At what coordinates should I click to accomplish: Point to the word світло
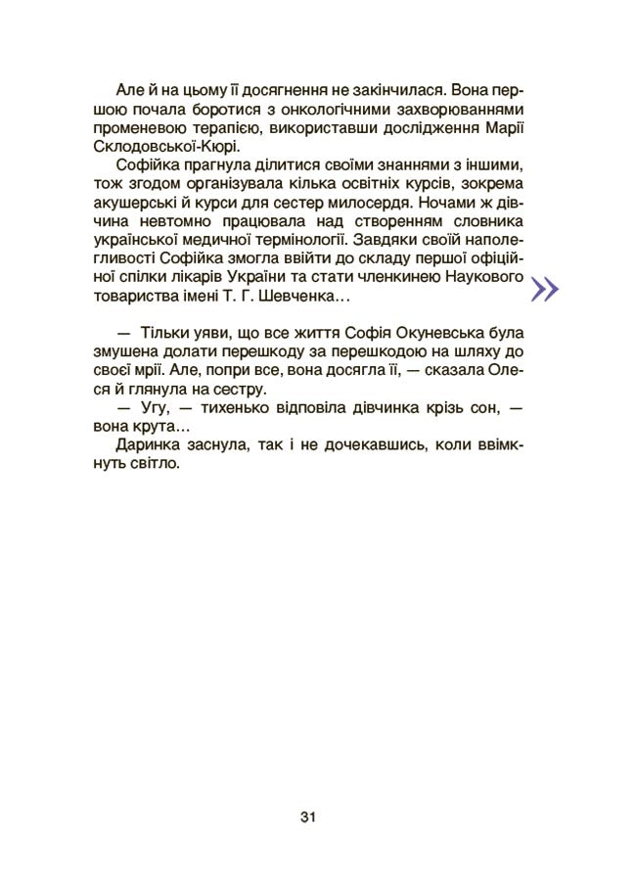point(158,467)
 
